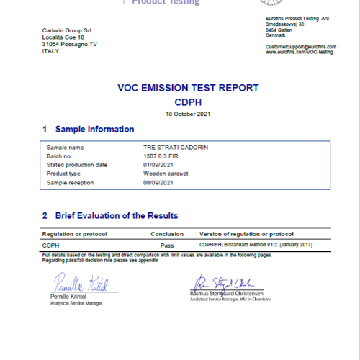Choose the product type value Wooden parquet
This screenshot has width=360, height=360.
coord(165,174)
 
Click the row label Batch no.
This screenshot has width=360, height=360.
coord(60,156)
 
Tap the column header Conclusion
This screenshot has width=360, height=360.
coord(166,234)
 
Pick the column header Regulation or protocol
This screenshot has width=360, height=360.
coord(76,234)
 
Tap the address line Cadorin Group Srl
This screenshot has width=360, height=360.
coord(66,30)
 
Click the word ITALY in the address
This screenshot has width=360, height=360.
coord(51,51)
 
